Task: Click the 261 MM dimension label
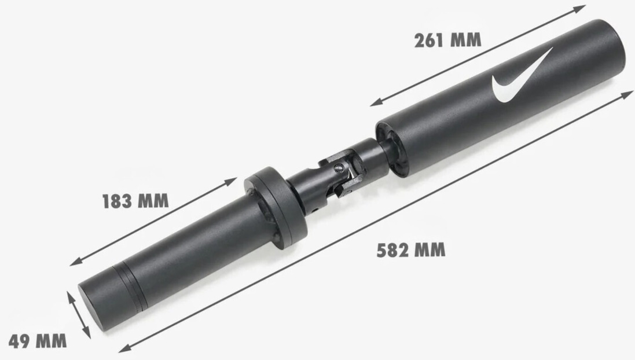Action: pos(448,40)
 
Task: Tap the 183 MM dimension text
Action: pos(135,201)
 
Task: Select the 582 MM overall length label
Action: pos(411,250)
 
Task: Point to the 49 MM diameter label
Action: pos(37,341)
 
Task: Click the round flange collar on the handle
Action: pos(276,207)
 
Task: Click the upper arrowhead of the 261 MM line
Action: pos(581,8)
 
